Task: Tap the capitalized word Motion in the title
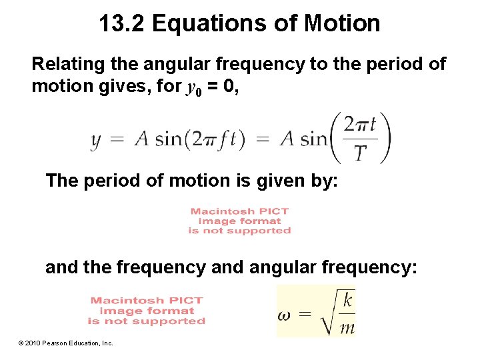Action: pyautogui.click(x=342, y=23)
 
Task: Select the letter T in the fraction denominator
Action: pyautogui.click(x=360, y=153)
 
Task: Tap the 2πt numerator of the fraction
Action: pyautogui.click(x=360, y=125)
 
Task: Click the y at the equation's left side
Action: pyautogui.click(x=96, y=139)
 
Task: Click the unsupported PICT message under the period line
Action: pyautogui.click(x=239, y=221)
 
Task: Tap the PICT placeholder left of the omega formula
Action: pyautogui.click(x=147, y=311)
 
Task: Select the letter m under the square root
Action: pyautogui.click(x=347, y=327)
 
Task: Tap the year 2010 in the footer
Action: pyautogui.click(x=33, y=343)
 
